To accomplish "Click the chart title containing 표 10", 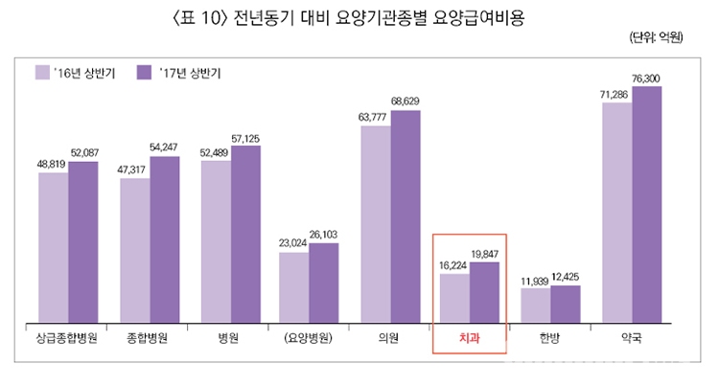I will [359, 16].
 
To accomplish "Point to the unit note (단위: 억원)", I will [655, 39].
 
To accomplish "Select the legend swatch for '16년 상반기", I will [43, 72].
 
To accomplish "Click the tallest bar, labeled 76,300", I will [647, 203].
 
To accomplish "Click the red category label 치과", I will [469, 338].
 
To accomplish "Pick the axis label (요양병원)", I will [308, 338].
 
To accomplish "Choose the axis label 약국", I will [631, 338].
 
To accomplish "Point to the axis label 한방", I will [550, 338].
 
